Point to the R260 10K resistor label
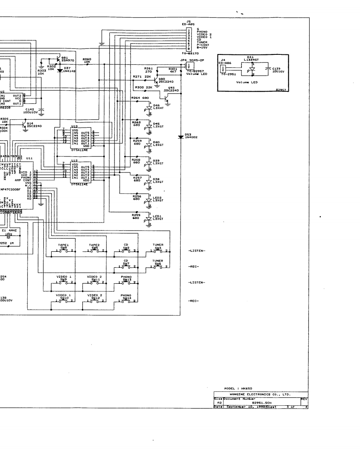tap(87, 60)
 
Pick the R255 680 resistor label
tap(137, 216)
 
